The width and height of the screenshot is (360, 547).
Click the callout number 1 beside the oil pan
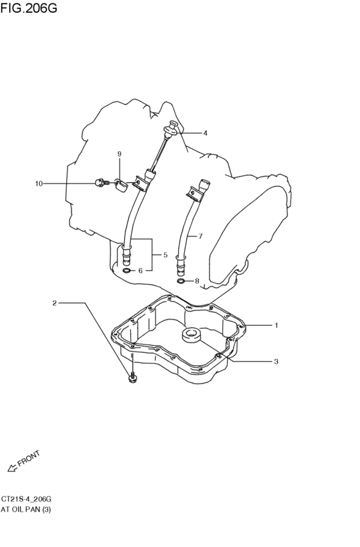pos(276,325)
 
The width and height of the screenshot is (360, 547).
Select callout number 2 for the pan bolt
pos(55,303)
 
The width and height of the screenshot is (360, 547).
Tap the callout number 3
pos(276,361)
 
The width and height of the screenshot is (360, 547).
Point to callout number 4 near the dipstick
pos(205,133)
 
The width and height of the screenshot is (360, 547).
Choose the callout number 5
pos(165,255)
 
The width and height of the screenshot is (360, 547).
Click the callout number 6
pos(140,271)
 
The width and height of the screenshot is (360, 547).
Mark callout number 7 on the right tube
pos(200,237)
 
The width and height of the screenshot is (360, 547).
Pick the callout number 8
pos(197,281)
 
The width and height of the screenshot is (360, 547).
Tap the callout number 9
pos(120,154)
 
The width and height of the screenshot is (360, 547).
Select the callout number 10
pos(39,183)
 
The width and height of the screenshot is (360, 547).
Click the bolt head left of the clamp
pos(100,183)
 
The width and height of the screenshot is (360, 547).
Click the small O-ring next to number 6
pos(128,271)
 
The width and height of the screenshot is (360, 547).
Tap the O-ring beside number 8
pos(181,281)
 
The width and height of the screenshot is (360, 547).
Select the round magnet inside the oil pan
pos(192,334)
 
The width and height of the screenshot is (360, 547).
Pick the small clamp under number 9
pos(121,185)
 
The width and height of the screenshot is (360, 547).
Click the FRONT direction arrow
pos(13,468)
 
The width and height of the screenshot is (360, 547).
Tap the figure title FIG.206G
pos(28,7)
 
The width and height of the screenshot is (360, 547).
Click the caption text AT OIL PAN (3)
pos(26,510)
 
